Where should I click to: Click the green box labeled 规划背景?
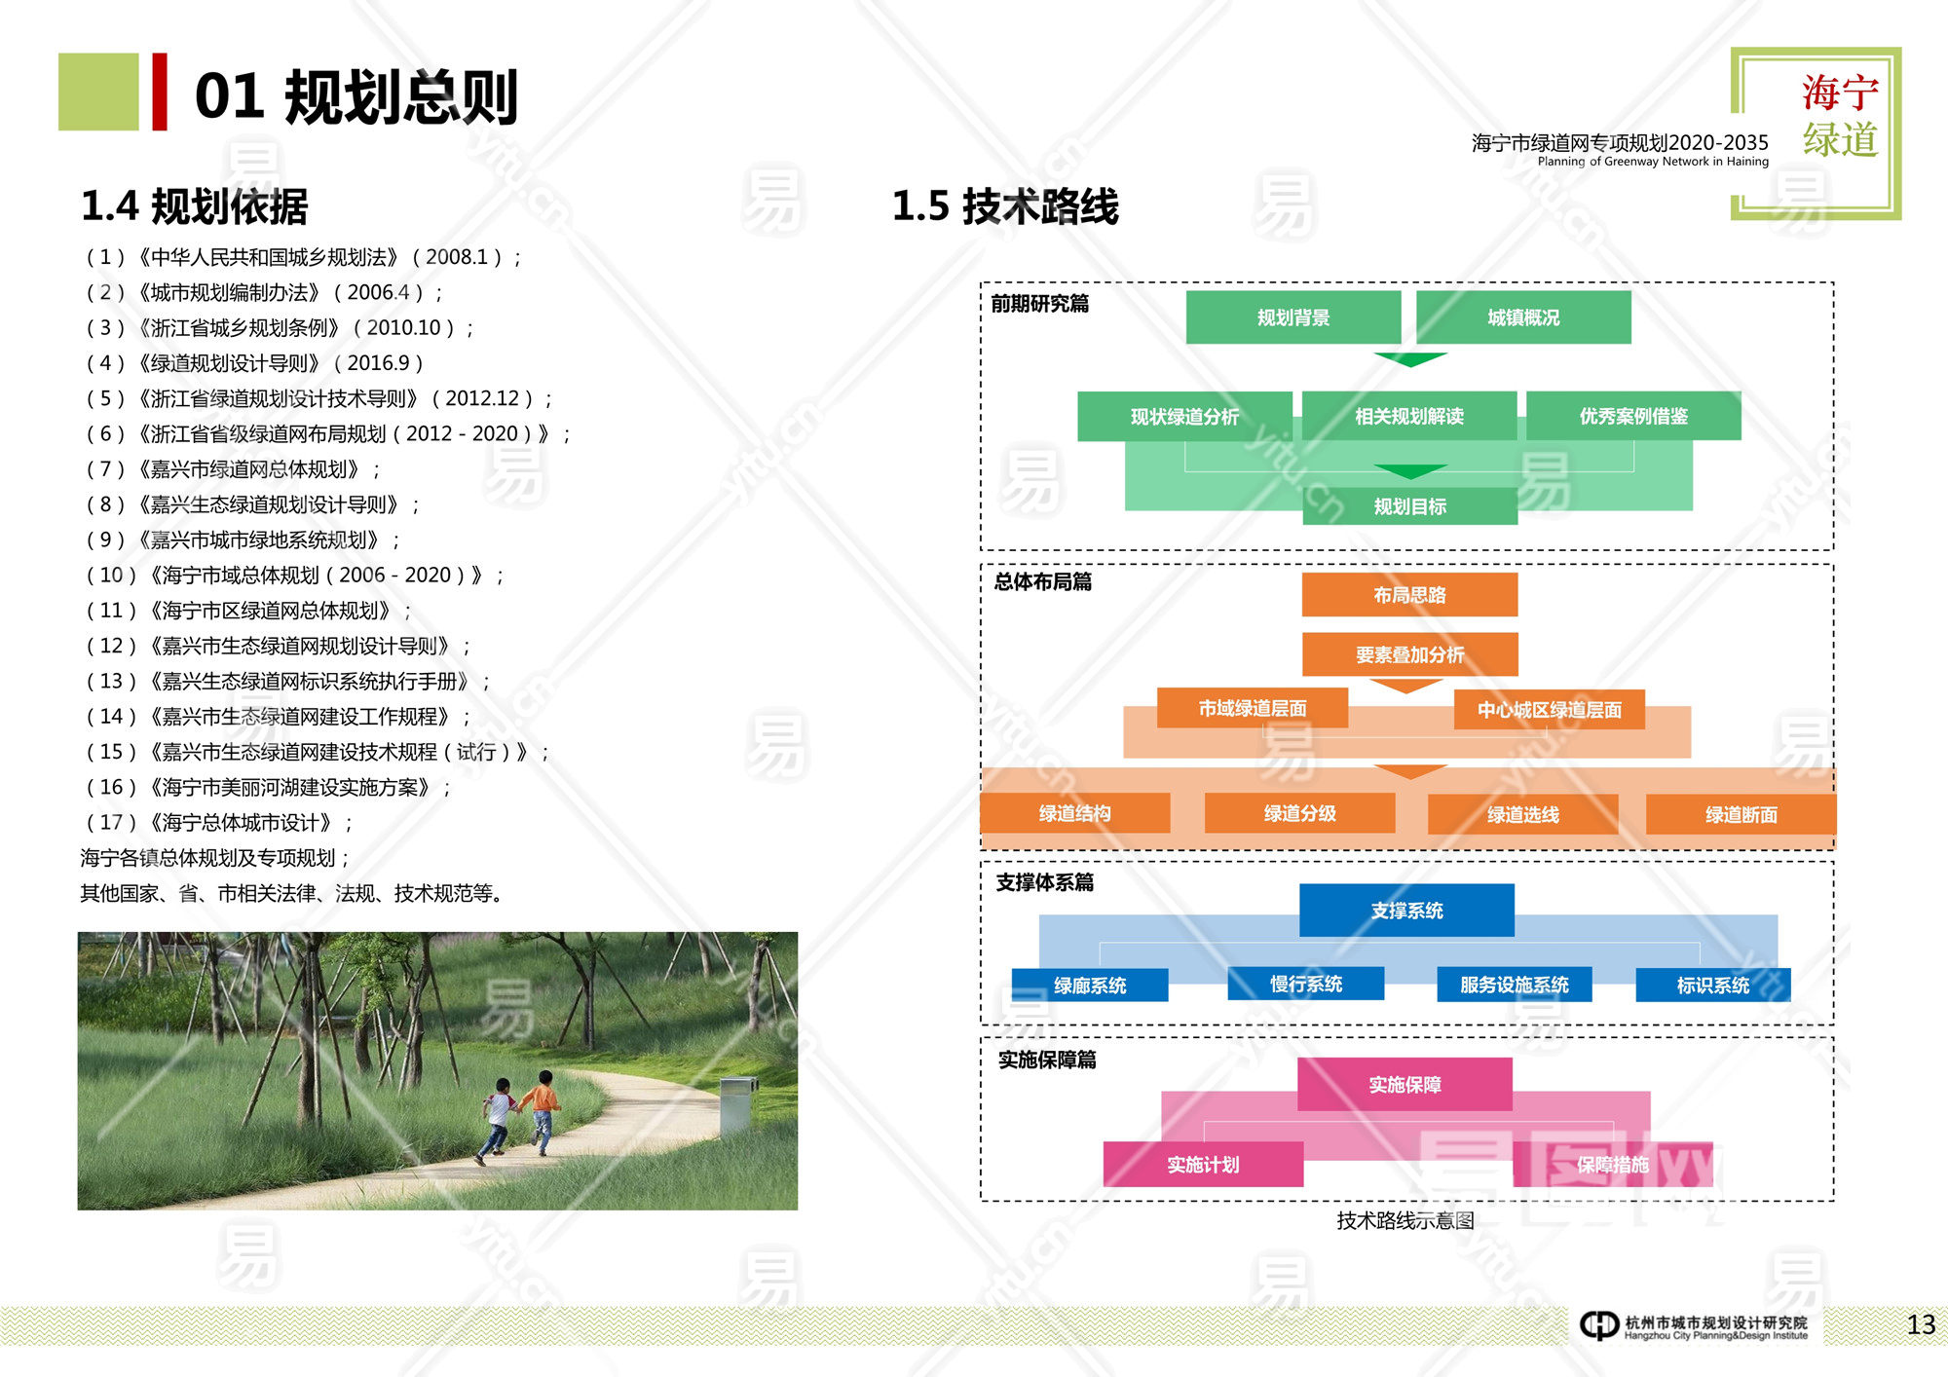coord(1292,317)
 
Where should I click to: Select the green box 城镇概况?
coord(1523,317)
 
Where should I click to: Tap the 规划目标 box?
coord(1409,506)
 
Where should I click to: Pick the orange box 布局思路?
coord(1409,595)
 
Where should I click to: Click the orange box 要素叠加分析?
coord(1409,654)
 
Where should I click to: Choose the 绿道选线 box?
coord(1522,814)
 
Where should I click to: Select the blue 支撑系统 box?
coord(1406,911)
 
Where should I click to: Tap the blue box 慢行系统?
coord(1305,985)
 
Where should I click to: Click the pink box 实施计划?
coord(1203,1165)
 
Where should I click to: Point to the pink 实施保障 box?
coord(1405,1085)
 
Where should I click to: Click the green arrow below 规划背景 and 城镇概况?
coord(1410,359)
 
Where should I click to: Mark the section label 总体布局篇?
coord(1042,582)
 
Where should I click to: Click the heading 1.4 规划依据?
coord(195,206)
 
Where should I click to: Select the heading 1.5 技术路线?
coord(1005,206)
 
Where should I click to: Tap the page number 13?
coord(1921,1324)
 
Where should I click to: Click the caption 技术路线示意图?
coord(1405,1221)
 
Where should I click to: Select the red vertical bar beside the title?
coord(160,93)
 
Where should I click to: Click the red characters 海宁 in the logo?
coord(1839,93)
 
